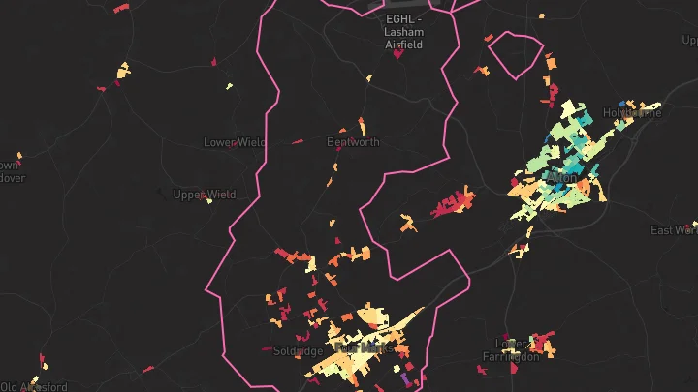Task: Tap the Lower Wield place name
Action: tap(234, 142)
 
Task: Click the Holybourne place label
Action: tap(632, 112)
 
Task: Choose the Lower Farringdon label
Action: tap(510, 349)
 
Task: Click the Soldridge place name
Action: tap(298, 351)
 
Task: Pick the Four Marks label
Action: tap(358, 347)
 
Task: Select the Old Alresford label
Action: tap(34, 386)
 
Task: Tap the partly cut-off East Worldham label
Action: tap(675, 229)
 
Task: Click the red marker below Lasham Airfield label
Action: tap(397, 55)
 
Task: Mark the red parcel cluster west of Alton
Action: tap(454, 203)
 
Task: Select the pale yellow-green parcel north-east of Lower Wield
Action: tap(230, 87)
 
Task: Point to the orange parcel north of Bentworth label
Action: tap(362, 125)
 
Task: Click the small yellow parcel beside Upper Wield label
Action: tap(209, 200)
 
